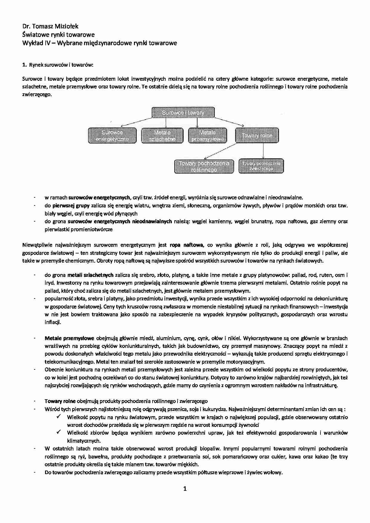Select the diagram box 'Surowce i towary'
183,112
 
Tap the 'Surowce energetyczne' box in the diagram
112,136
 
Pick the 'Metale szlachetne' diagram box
162,136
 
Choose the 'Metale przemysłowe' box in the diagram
208,136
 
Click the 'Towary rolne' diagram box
257,135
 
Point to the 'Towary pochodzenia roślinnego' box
204,166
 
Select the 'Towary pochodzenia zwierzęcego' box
261,166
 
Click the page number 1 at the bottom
185,488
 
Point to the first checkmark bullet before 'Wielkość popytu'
58,417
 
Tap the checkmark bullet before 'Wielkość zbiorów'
58,432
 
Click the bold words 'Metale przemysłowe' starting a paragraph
69,338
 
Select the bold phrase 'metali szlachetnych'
90,275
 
